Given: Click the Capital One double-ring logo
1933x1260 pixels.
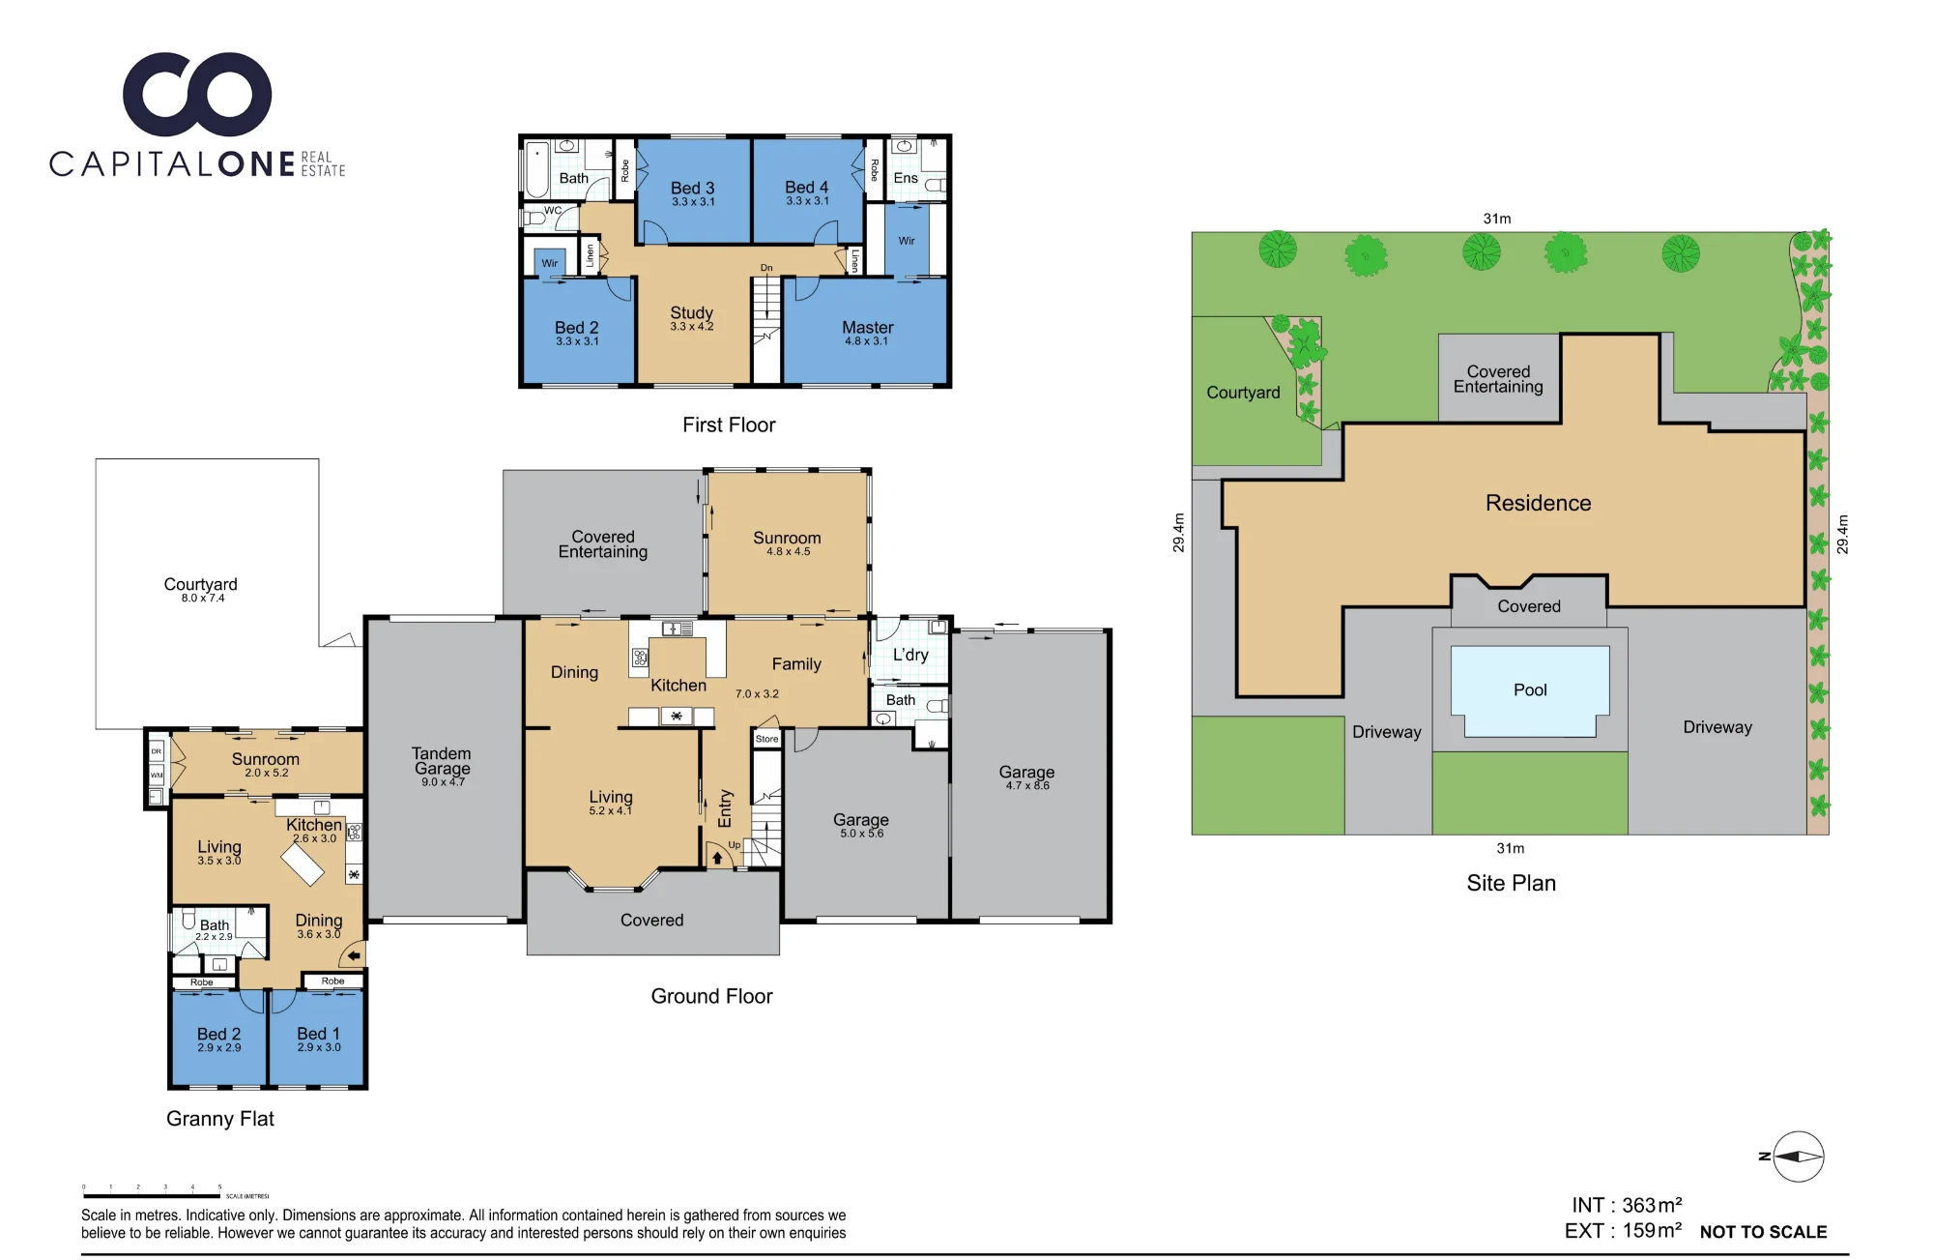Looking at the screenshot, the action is [x=197, y=94].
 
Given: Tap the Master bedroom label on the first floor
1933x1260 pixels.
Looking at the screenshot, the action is [x=867, y=328].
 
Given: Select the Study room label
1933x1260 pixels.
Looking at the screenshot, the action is [x=691, y=313].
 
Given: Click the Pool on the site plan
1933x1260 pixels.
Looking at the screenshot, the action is [x=1530, y=690].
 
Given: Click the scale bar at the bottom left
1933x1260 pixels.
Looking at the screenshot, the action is [x=152, y=1196].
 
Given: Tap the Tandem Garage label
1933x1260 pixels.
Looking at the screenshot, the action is [x=442, y=761].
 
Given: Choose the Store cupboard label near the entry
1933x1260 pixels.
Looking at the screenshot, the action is [x=766, y=739].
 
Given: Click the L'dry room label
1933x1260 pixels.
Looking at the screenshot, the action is [x=910, y=655].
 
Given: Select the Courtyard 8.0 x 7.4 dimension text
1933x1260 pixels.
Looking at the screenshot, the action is [x=203, y=599].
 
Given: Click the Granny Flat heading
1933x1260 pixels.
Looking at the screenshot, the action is [x=220, y=1119].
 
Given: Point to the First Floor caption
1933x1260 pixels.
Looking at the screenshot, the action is [x=729, y=425].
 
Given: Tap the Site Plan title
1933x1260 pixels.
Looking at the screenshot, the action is [x=1511, y=883].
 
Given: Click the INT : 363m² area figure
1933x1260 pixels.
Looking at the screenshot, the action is [x=1627, y=1205].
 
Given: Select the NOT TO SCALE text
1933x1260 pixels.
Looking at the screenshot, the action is [x=1763, y=1232].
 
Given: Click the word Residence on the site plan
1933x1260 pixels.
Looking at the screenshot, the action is [x=1538, y=503].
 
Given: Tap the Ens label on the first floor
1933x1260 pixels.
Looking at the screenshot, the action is [x=906, y=178].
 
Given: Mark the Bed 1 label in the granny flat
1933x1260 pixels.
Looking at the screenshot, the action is [x=318, y=1034].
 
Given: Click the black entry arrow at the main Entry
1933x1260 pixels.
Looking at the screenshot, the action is [x=717, y=858].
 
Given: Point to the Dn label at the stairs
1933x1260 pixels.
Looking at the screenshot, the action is [x=766, y=268].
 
